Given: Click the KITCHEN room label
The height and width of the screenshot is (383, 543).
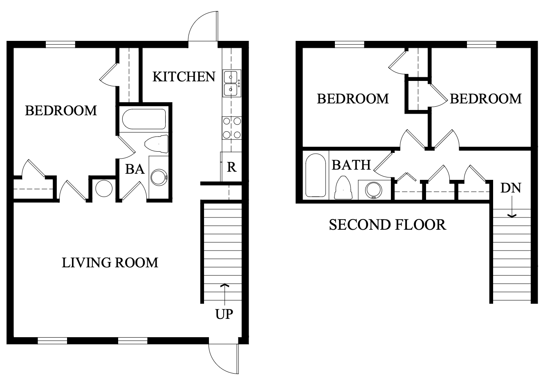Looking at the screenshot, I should point(184,76).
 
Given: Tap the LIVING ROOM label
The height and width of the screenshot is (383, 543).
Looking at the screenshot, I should point(110,262).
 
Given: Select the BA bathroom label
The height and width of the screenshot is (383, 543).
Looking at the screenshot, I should point(135,169).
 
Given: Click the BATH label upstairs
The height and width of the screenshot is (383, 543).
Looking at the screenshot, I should point(351,165).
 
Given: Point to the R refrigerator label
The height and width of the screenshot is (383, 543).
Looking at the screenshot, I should point(231,167).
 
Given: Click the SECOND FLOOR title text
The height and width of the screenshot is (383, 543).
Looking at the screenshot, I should point(387,224).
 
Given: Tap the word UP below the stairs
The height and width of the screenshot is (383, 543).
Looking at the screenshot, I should point(224,314).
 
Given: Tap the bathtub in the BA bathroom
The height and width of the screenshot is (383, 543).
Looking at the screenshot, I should point(144,119).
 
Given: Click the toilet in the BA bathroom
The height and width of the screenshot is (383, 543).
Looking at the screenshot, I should point(157,144).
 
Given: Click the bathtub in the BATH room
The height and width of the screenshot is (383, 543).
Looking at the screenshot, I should point(315,175).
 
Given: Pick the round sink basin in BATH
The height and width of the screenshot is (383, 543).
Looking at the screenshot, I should point(373,190).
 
